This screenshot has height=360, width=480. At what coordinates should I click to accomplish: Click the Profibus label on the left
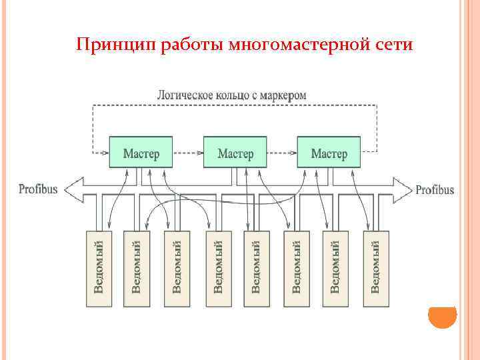(x=38, y=189)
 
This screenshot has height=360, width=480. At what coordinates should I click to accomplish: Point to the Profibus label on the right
(x=435, y=190)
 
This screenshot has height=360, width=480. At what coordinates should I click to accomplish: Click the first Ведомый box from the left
(x=99, y=269)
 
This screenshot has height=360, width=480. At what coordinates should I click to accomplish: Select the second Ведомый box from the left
(x=137, y=269)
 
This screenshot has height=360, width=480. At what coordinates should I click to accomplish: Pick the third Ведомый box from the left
(x=177, y=269)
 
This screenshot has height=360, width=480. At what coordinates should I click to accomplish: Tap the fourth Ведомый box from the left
(x=217, y=269)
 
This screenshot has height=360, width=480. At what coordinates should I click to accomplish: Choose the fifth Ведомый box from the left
(x=257, y=269)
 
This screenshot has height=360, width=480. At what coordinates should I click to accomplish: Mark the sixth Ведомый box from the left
(x=297, y=269)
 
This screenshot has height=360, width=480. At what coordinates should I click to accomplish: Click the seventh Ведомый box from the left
(x=335, y=269)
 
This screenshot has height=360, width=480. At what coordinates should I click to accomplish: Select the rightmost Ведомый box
(x=375, y=269)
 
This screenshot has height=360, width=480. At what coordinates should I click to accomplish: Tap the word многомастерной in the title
(x=298, y=45)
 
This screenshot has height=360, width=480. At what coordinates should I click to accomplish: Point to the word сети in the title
(x=393, y=45)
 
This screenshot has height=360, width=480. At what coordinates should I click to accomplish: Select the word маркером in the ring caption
(x=283, y=95)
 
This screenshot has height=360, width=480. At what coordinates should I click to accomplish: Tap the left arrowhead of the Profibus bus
(x=73, y=189)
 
